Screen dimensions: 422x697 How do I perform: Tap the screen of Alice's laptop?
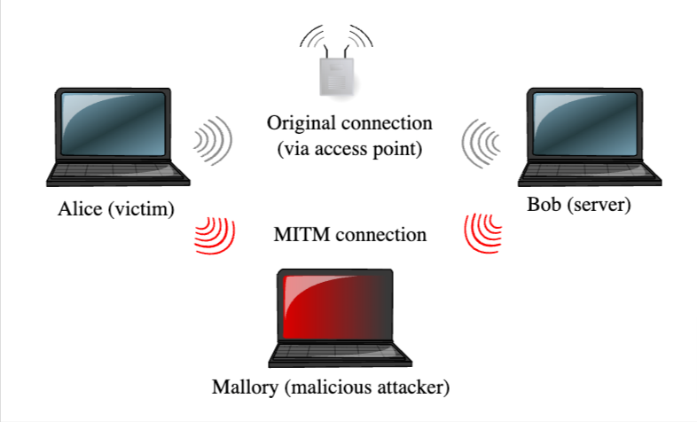tap(110, 124)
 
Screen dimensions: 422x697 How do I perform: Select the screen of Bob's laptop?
tap(584, 123)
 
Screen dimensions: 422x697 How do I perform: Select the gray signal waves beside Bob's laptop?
tap(482, 141)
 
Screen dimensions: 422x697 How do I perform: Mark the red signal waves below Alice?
tap(215, 235)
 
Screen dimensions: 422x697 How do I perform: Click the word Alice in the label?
tap(77, 209)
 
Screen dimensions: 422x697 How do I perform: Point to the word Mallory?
tap(245, 387)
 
